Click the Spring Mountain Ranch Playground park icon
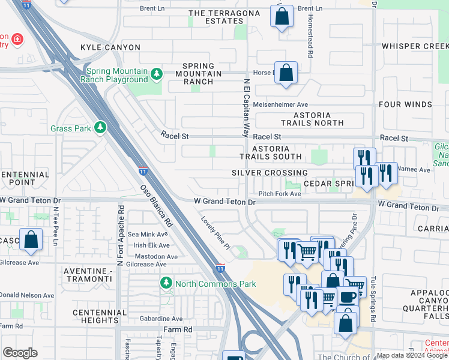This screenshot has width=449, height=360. pyautogui.click(x=157, y=74)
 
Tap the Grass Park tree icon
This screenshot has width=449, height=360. pyautogui.click(x=100, y=128)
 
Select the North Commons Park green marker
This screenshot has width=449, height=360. pyautogui.click(x=166, y=283)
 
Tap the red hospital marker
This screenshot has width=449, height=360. pyautogui.click(x=17, y=40)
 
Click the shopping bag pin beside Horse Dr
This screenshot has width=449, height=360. pyautogui.click(x=286, y=73)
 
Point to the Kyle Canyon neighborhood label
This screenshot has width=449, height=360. pyautogui.click(x=110, y=47)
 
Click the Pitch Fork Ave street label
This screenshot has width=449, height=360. pyautogui.click(x=279, y=194)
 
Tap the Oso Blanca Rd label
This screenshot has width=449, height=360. pyautogui.click(x=157, y=205)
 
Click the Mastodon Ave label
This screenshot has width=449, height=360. pyautogui.click(x=155, y=256)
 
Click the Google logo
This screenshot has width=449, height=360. pyautogui.click(x=20, y=353)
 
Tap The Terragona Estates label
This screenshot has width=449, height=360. pyautogui.click(x=216, y=17)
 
